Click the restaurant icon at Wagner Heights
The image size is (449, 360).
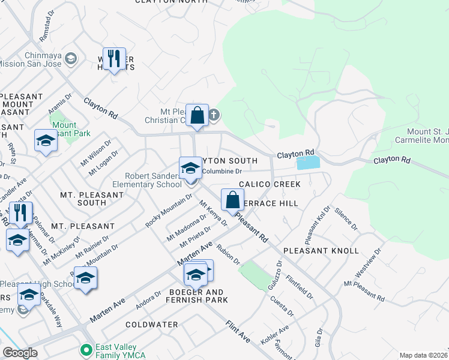point(114,59)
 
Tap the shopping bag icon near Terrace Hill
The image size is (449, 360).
point(233,200)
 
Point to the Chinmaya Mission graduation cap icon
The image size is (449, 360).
point(71,58)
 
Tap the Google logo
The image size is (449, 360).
point(20,353)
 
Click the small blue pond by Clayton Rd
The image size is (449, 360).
point(308,163)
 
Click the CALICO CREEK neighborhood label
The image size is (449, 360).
point(270,184)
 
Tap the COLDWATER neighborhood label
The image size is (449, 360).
point(152,325)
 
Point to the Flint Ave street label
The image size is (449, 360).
point(238,332)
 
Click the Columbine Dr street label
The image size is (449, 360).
point(221,172)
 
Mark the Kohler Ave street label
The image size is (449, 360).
point(274,335)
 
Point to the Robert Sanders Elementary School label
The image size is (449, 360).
point(152,180)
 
